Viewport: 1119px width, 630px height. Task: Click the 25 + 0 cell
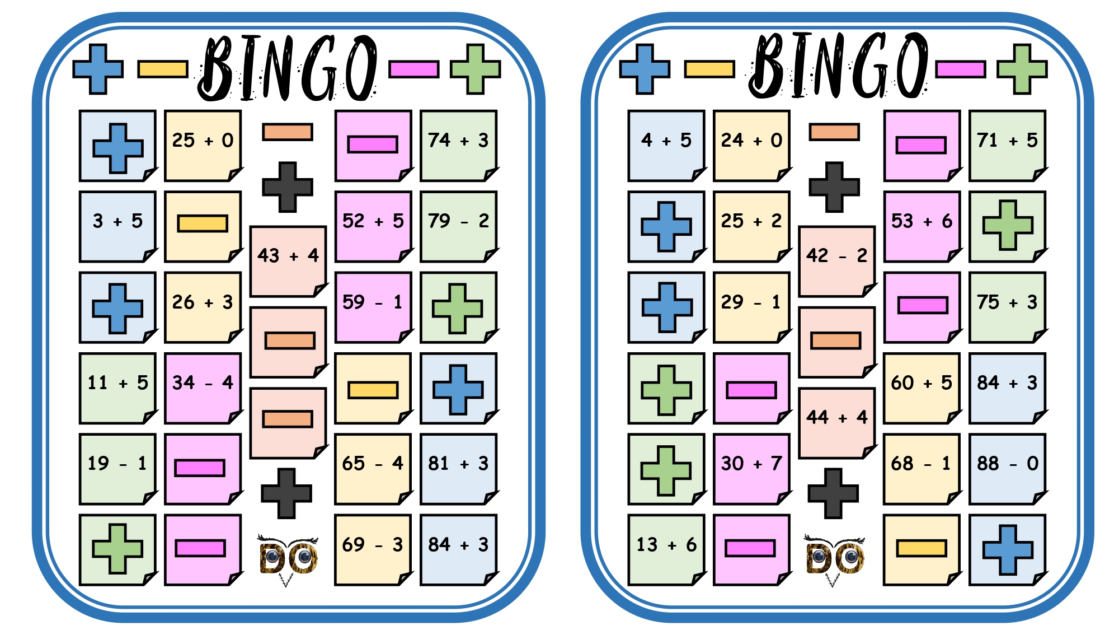203,146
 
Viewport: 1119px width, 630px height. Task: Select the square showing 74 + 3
459,146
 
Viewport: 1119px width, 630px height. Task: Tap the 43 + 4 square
288,262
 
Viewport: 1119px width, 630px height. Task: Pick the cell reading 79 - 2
459,226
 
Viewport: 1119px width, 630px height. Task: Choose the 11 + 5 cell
118,388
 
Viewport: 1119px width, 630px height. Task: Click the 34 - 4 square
203,388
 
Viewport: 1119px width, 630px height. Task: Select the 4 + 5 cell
666,146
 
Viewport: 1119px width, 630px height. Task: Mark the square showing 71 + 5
1008,146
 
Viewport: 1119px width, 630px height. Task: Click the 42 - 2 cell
837,262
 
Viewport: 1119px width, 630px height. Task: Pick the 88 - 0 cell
1008,469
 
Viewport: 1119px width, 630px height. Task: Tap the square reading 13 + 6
666,550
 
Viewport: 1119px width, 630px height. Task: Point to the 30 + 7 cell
752,469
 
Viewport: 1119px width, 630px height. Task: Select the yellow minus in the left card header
163,69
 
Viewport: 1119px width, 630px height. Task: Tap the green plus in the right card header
1022,69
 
